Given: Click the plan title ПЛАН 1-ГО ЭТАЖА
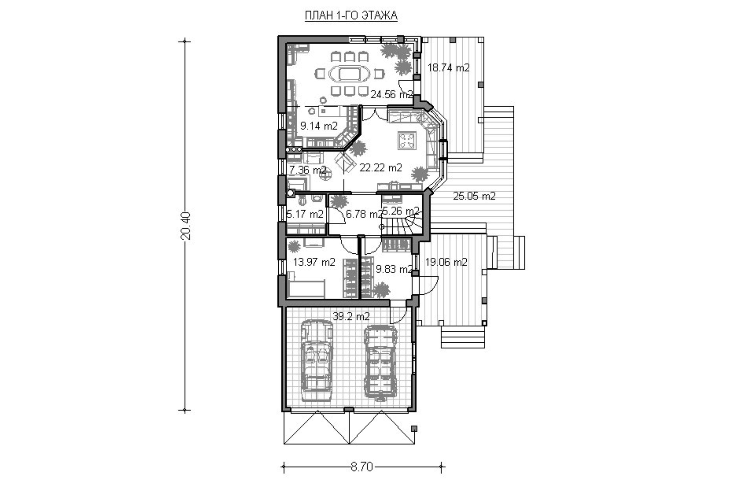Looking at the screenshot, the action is click(x=351, y=15).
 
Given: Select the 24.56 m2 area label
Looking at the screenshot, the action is click(x=392, y=94).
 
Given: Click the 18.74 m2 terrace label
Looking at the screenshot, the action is click(x=448, y=68).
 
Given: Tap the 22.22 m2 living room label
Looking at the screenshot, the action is click(x=381, y=168).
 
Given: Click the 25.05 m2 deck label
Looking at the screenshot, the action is click(x=474, y=196).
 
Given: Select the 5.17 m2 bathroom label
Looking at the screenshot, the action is click(x=305, y=214).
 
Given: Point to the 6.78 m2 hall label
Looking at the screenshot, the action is click(x=364, y=214).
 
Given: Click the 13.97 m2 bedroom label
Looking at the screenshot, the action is click(x=314, y=262).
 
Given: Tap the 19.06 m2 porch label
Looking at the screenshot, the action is click(x=446, y=262).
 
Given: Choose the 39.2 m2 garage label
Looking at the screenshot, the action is click(x=351, y=317).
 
